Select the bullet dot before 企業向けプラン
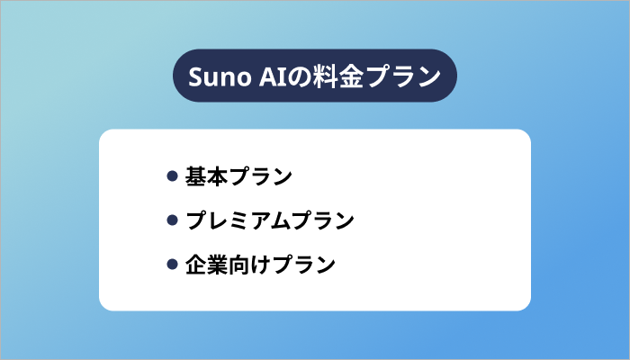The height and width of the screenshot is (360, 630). point(172,265)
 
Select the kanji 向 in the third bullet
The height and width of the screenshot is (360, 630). point(239,265)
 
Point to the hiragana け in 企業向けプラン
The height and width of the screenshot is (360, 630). point(261,265)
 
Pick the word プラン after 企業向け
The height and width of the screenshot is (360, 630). point(304,265)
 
